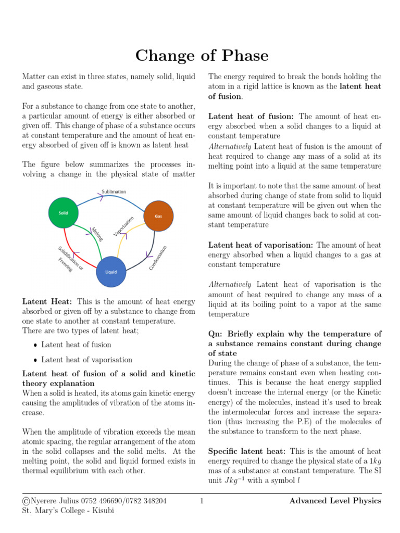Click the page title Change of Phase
pyautogui.click(x=202, y=55)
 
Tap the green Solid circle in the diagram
pyautogui.click(x=63, y=213)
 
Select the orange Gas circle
pyautogui.click(x=158, y=215)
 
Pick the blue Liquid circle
pyautogui.click(x=111, y=272)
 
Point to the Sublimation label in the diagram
pyautogui.click(x=114, y=192)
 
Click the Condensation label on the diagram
pyautogui.click(x=158, y=258)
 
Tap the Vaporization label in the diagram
pyautogui.click(x=124, y=225)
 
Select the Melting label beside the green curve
pyautogui.click(x=97, y=234)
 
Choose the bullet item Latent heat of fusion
pyautogui.click(x=76, y=345)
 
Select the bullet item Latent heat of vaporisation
pyautogui.click(x=86, y=360)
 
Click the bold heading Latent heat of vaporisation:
pyautogui.click(x=261, y=245)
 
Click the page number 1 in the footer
pyautogui.click(x=201, y=501)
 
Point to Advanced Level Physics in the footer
pyautogui.click(x=335, y=501)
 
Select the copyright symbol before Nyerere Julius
pyautogui.click(x=26, y=501)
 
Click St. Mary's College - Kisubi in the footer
pyautogui.click(x=68, y=511)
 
